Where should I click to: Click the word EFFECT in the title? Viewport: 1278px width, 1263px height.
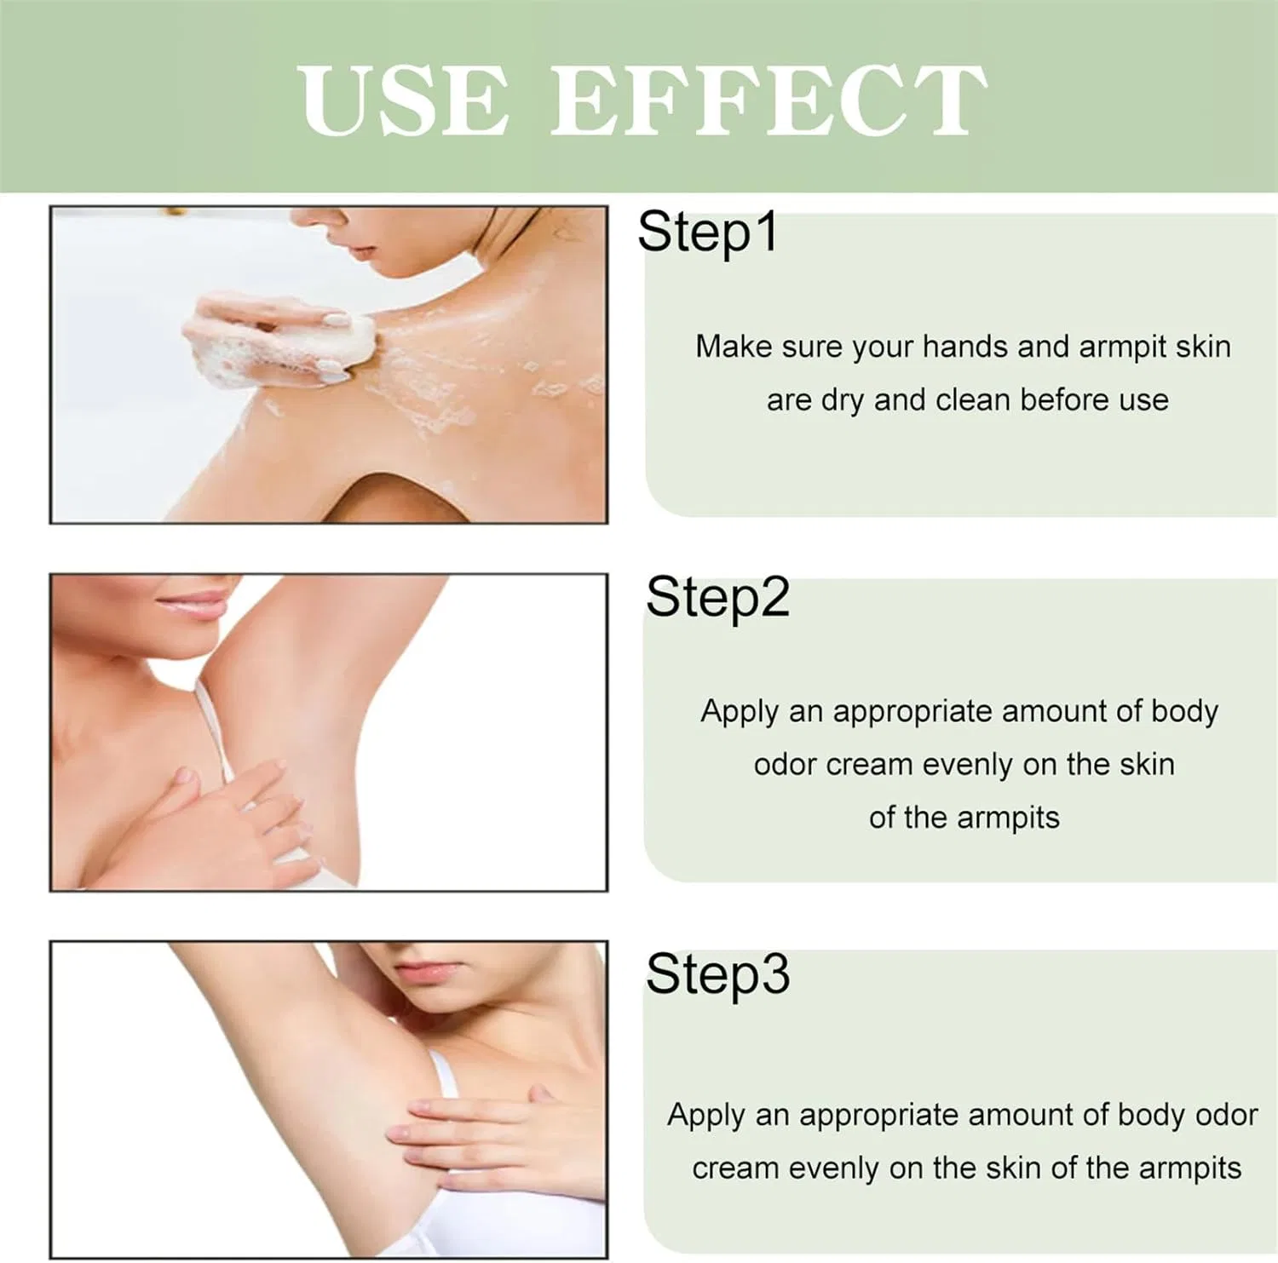coord(769,100)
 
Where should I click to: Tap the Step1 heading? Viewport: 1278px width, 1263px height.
coord(708,233)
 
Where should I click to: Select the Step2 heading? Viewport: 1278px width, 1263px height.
coord(717,599)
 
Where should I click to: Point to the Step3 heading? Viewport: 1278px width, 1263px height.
coord(717,975)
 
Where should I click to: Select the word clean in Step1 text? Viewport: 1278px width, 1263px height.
coord(972,399)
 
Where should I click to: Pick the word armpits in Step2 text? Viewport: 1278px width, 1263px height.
coord(1008,818)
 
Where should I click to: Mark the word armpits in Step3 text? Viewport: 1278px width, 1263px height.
coord(1189,1169)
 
